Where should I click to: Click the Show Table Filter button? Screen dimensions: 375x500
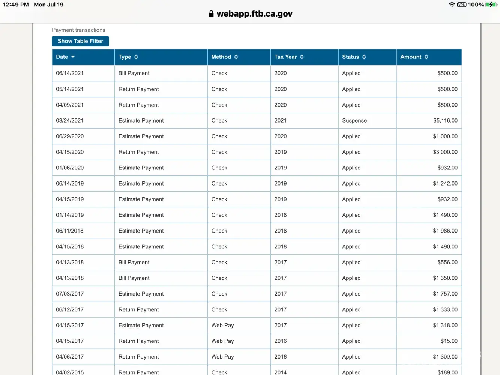[x=80, y=41]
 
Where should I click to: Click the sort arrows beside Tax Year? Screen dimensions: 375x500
[x=302, y=57]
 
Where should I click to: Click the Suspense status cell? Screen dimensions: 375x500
[x=354, y=121]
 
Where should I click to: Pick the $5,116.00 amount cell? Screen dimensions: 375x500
[x=445, y=121]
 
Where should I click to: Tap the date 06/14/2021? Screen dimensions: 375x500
[x=70, y=73]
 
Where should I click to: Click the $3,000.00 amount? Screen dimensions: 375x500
[x=445, y=152]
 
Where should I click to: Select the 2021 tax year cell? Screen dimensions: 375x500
[x=280, y=121]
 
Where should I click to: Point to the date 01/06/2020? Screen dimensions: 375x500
[x=70, y=168]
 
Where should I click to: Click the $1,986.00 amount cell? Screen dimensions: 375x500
[x=445, y=231]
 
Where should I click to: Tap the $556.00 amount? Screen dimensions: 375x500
[x=447, y=262]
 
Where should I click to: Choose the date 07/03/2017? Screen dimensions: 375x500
[x=70, y=294]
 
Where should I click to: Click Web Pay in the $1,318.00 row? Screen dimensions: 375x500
[x=222, y=325]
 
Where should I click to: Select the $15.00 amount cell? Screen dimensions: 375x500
[x=449, y=341]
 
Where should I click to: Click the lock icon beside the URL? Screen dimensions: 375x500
[x=211, y=14]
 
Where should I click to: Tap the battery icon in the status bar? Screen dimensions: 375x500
[x=491, y=4]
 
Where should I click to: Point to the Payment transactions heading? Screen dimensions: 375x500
[x=78, y=30]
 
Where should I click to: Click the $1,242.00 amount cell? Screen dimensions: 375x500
[x=445, y=184]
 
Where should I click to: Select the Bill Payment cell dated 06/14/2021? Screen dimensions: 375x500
[x=134, y=73]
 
